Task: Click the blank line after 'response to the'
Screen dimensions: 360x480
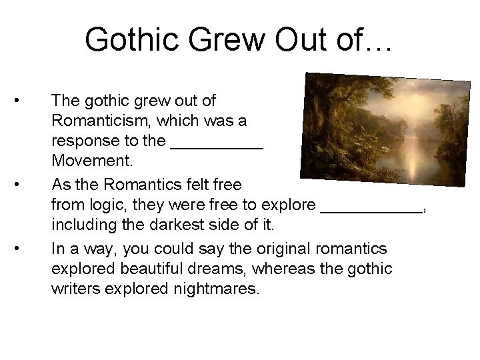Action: point(218,141)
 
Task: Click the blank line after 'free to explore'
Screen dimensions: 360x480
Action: point(372,203)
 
